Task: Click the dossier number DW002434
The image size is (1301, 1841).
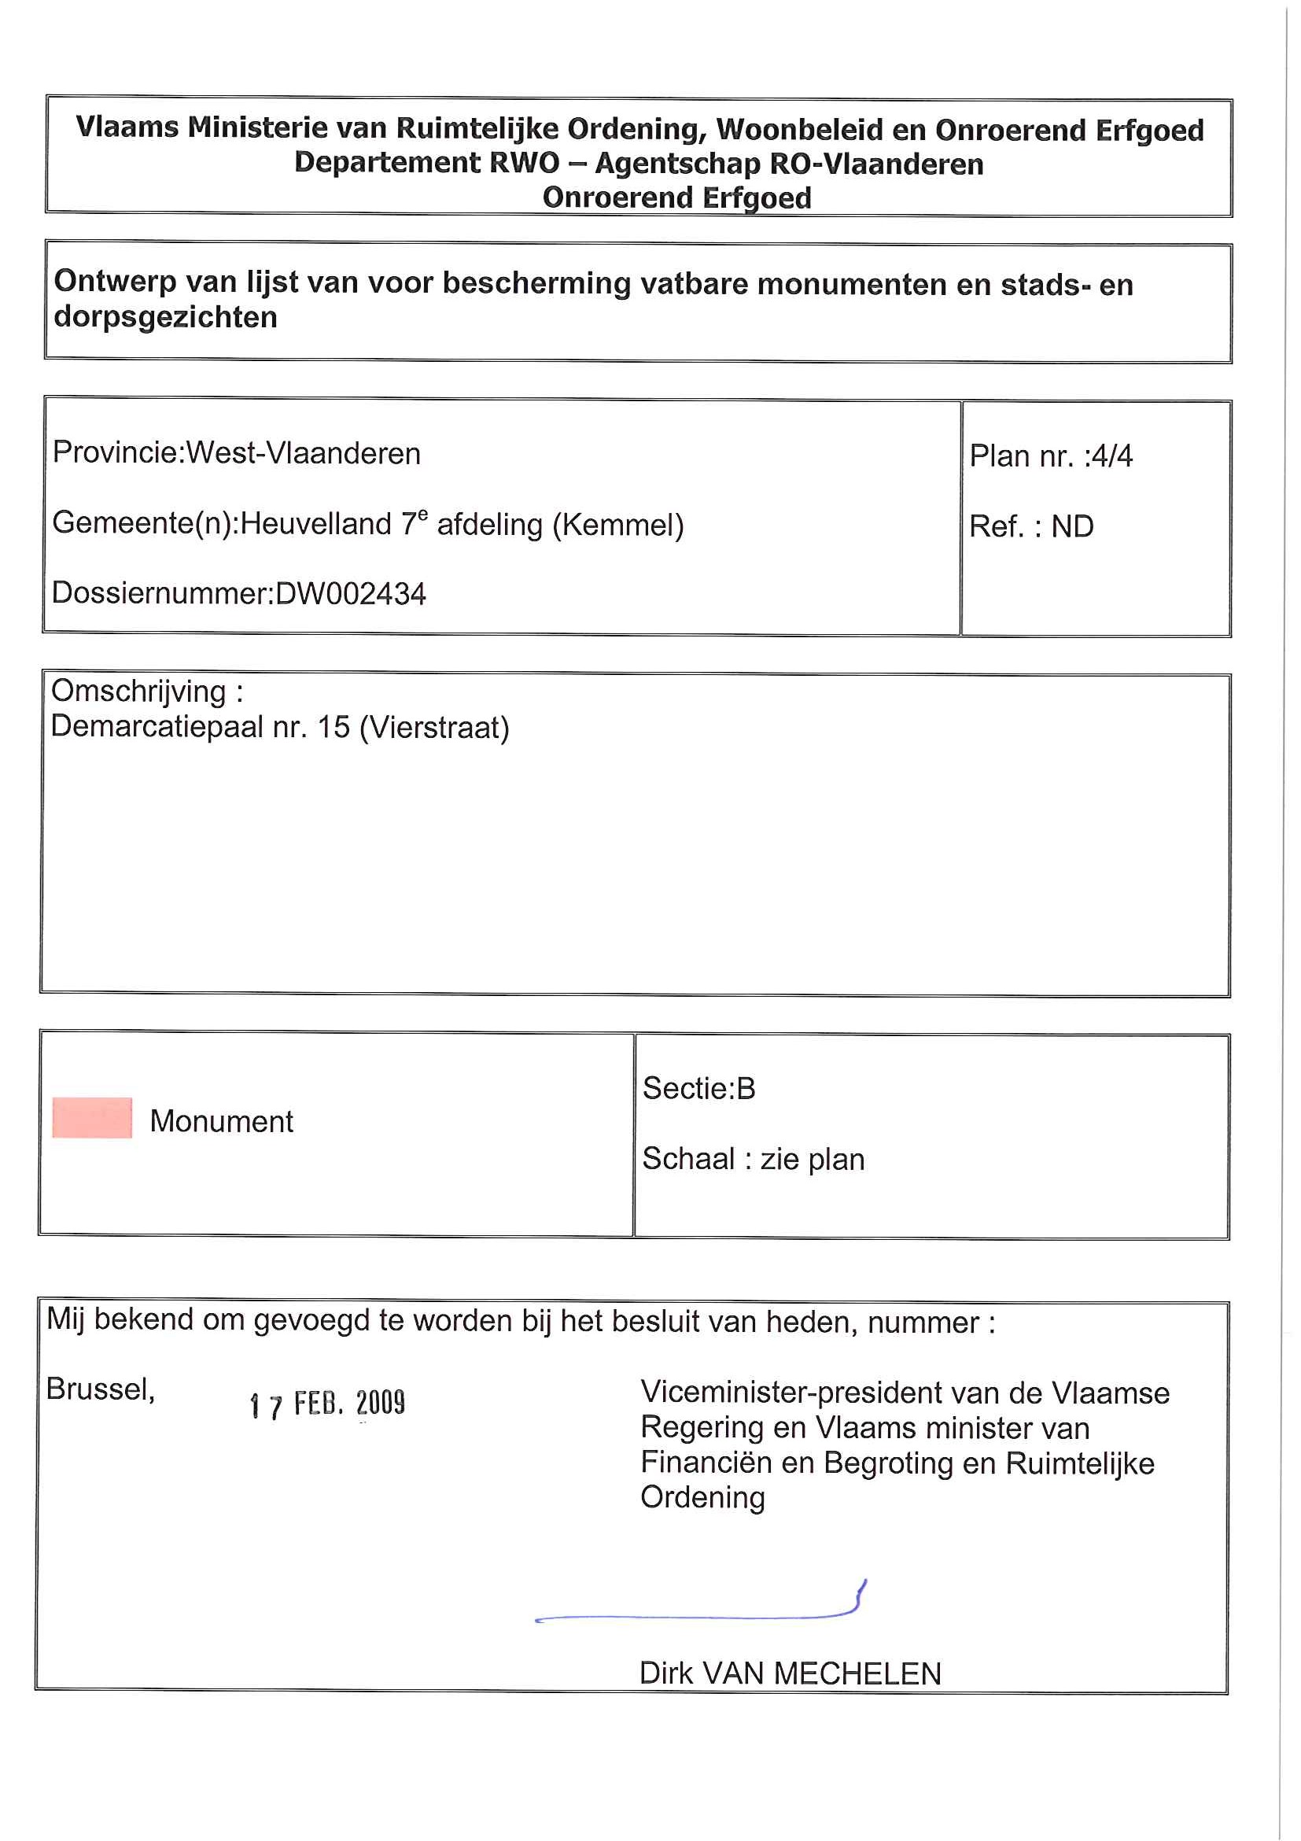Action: point(350,594)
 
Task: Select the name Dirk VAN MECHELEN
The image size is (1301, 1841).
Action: point(790,1673)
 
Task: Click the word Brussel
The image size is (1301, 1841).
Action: point(99,1389)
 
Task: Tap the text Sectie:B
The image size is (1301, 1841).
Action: point(698,1088)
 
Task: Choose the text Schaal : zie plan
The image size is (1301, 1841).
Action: point(753,1159)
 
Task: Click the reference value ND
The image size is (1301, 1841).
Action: point(1072,527)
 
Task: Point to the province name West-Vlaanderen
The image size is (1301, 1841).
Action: point(303,454)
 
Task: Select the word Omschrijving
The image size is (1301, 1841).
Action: point(138,691)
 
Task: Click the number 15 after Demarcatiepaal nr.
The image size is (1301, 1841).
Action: point(334,726)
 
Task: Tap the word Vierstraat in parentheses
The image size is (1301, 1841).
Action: point(433,727)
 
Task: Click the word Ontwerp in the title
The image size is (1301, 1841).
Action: point(115,282)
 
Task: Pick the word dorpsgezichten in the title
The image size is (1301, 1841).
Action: point(165,318)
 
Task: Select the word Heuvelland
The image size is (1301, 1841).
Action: point(316,524)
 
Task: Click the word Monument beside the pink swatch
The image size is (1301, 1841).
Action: point(221,1121)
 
